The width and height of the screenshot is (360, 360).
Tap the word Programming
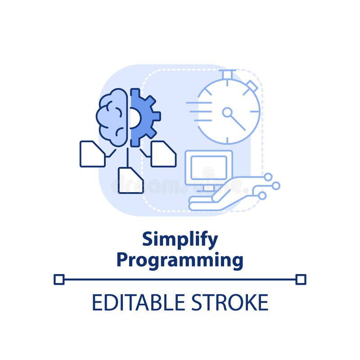(180, 260)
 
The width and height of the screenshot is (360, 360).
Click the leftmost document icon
(92, 154)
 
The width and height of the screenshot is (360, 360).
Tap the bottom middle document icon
(130, 180)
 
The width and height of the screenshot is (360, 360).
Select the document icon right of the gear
(163, 154)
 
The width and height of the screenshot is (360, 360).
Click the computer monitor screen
(208, 167)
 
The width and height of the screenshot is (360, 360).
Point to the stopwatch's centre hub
(227, 112)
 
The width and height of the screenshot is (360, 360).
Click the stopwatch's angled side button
(252, 85)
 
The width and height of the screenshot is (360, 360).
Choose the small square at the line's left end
(59, 279)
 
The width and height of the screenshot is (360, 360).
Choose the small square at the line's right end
(301, 279)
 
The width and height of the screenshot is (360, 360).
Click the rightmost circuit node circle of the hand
(276, 185)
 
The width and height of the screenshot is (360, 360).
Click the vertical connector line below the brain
(127, 156)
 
